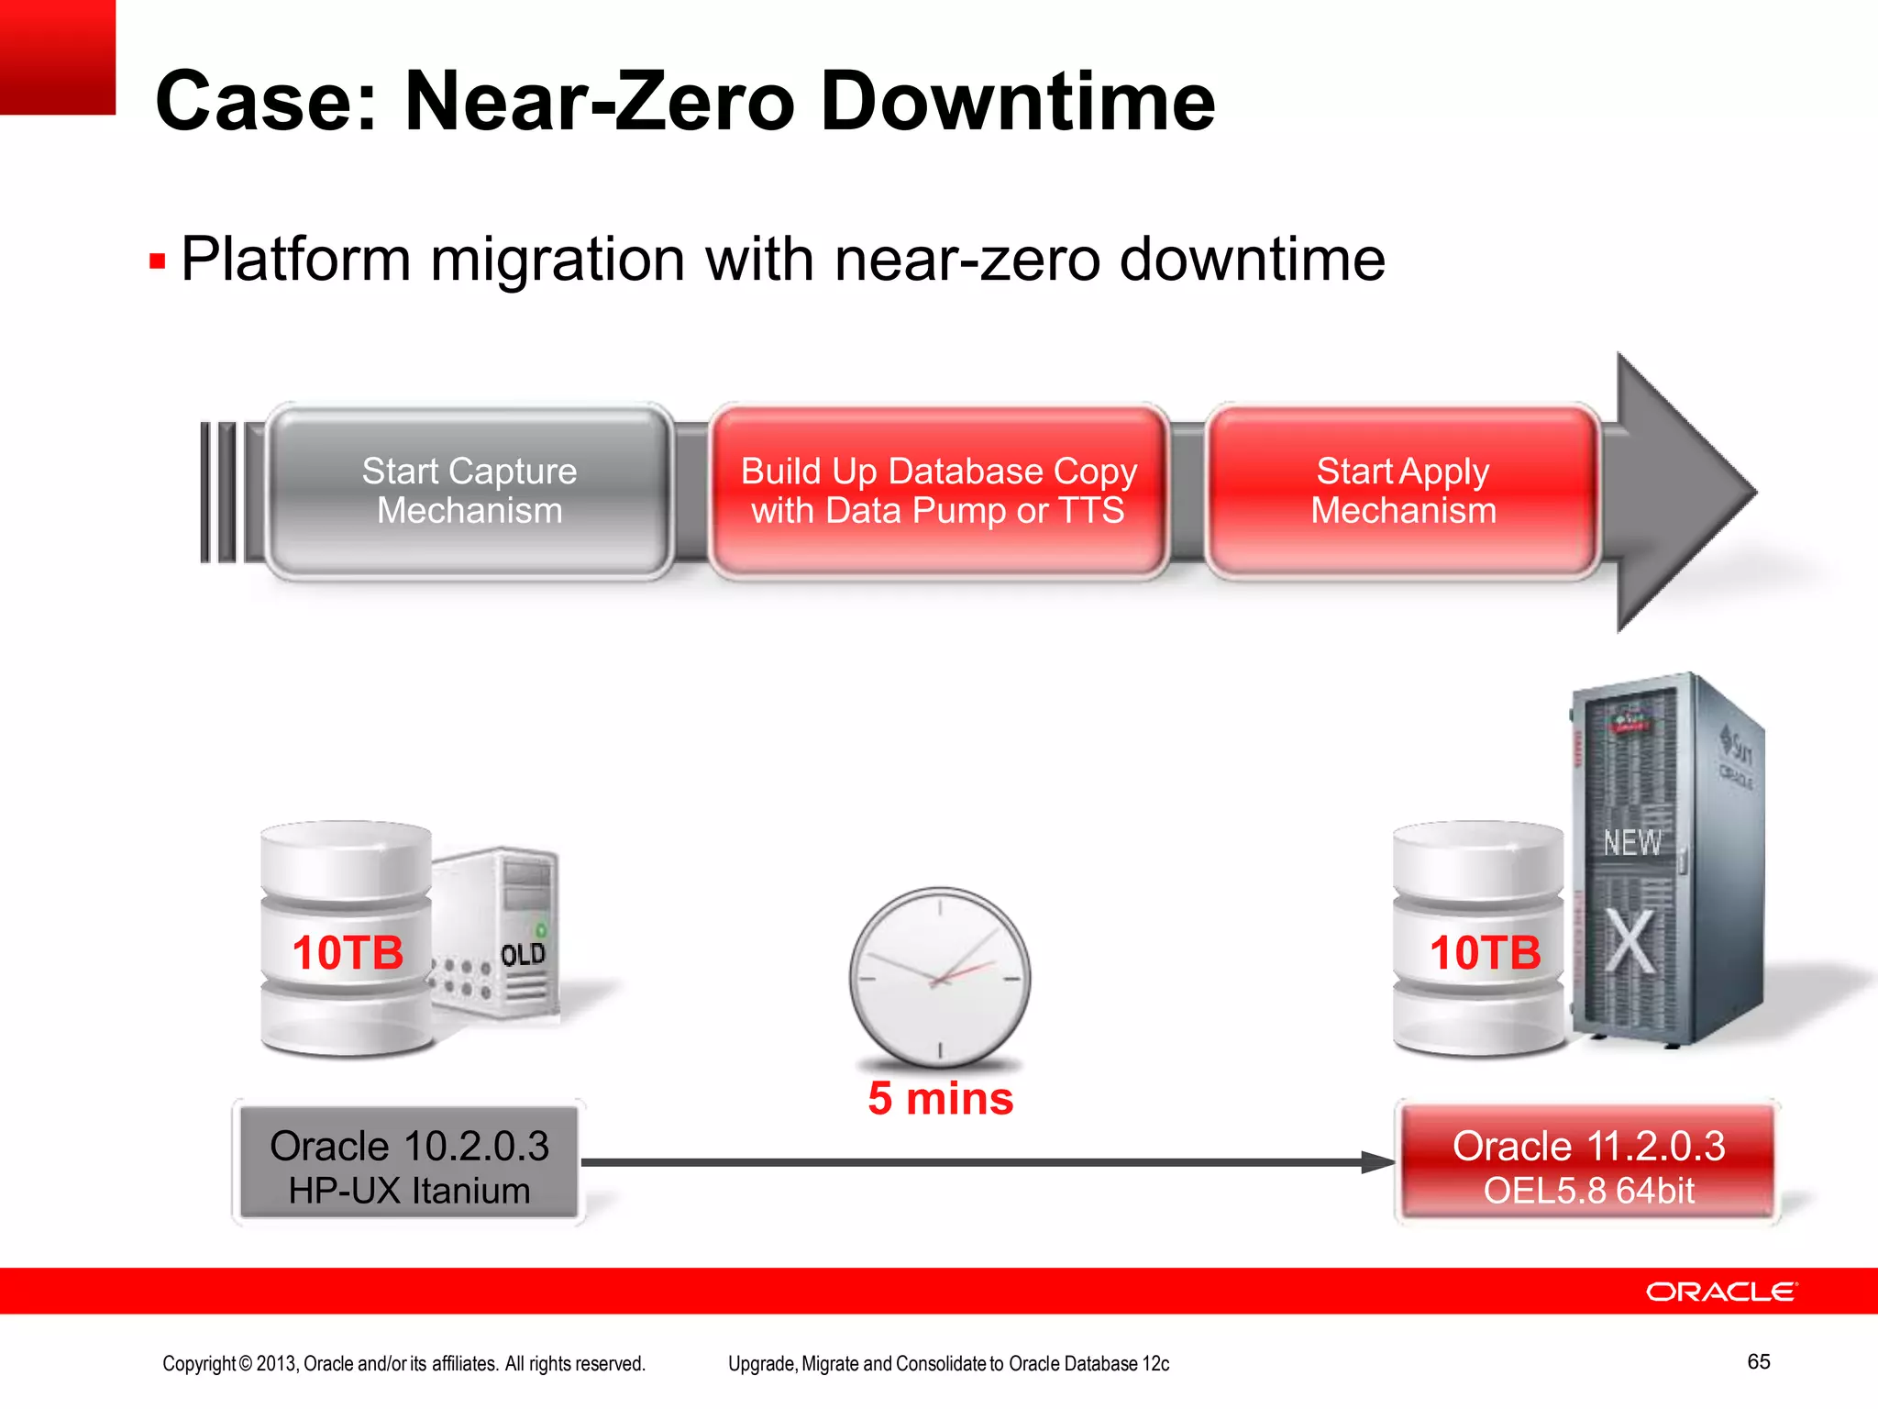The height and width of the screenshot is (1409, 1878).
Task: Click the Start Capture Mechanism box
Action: click(469, 491)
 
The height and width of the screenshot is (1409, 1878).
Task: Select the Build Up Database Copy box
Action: click(938, 491)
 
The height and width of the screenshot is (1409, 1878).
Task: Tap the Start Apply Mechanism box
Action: click(1403, 491)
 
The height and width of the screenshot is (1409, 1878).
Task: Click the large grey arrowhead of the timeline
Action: click(1678, 493)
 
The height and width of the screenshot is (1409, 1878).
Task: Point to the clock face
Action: click(940, 977)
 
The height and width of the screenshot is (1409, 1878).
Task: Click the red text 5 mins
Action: click(941, 1098)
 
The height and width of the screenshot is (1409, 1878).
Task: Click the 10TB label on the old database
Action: click(348, 952)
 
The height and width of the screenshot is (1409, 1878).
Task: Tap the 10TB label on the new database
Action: click(1486, 952)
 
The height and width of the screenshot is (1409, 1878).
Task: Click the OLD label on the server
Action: click(524, 955)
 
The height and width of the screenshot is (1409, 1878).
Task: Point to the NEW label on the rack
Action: click(1631, 842)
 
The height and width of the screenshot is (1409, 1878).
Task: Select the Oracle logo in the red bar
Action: click(1721, 1292)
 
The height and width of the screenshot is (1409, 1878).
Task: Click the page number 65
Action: click(1759, 1361)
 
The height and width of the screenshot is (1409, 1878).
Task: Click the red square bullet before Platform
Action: click(158, 262)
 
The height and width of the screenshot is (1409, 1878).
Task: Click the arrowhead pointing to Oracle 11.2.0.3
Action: click(1378, 1162)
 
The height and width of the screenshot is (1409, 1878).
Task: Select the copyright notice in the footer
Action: click(403, 1364)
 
